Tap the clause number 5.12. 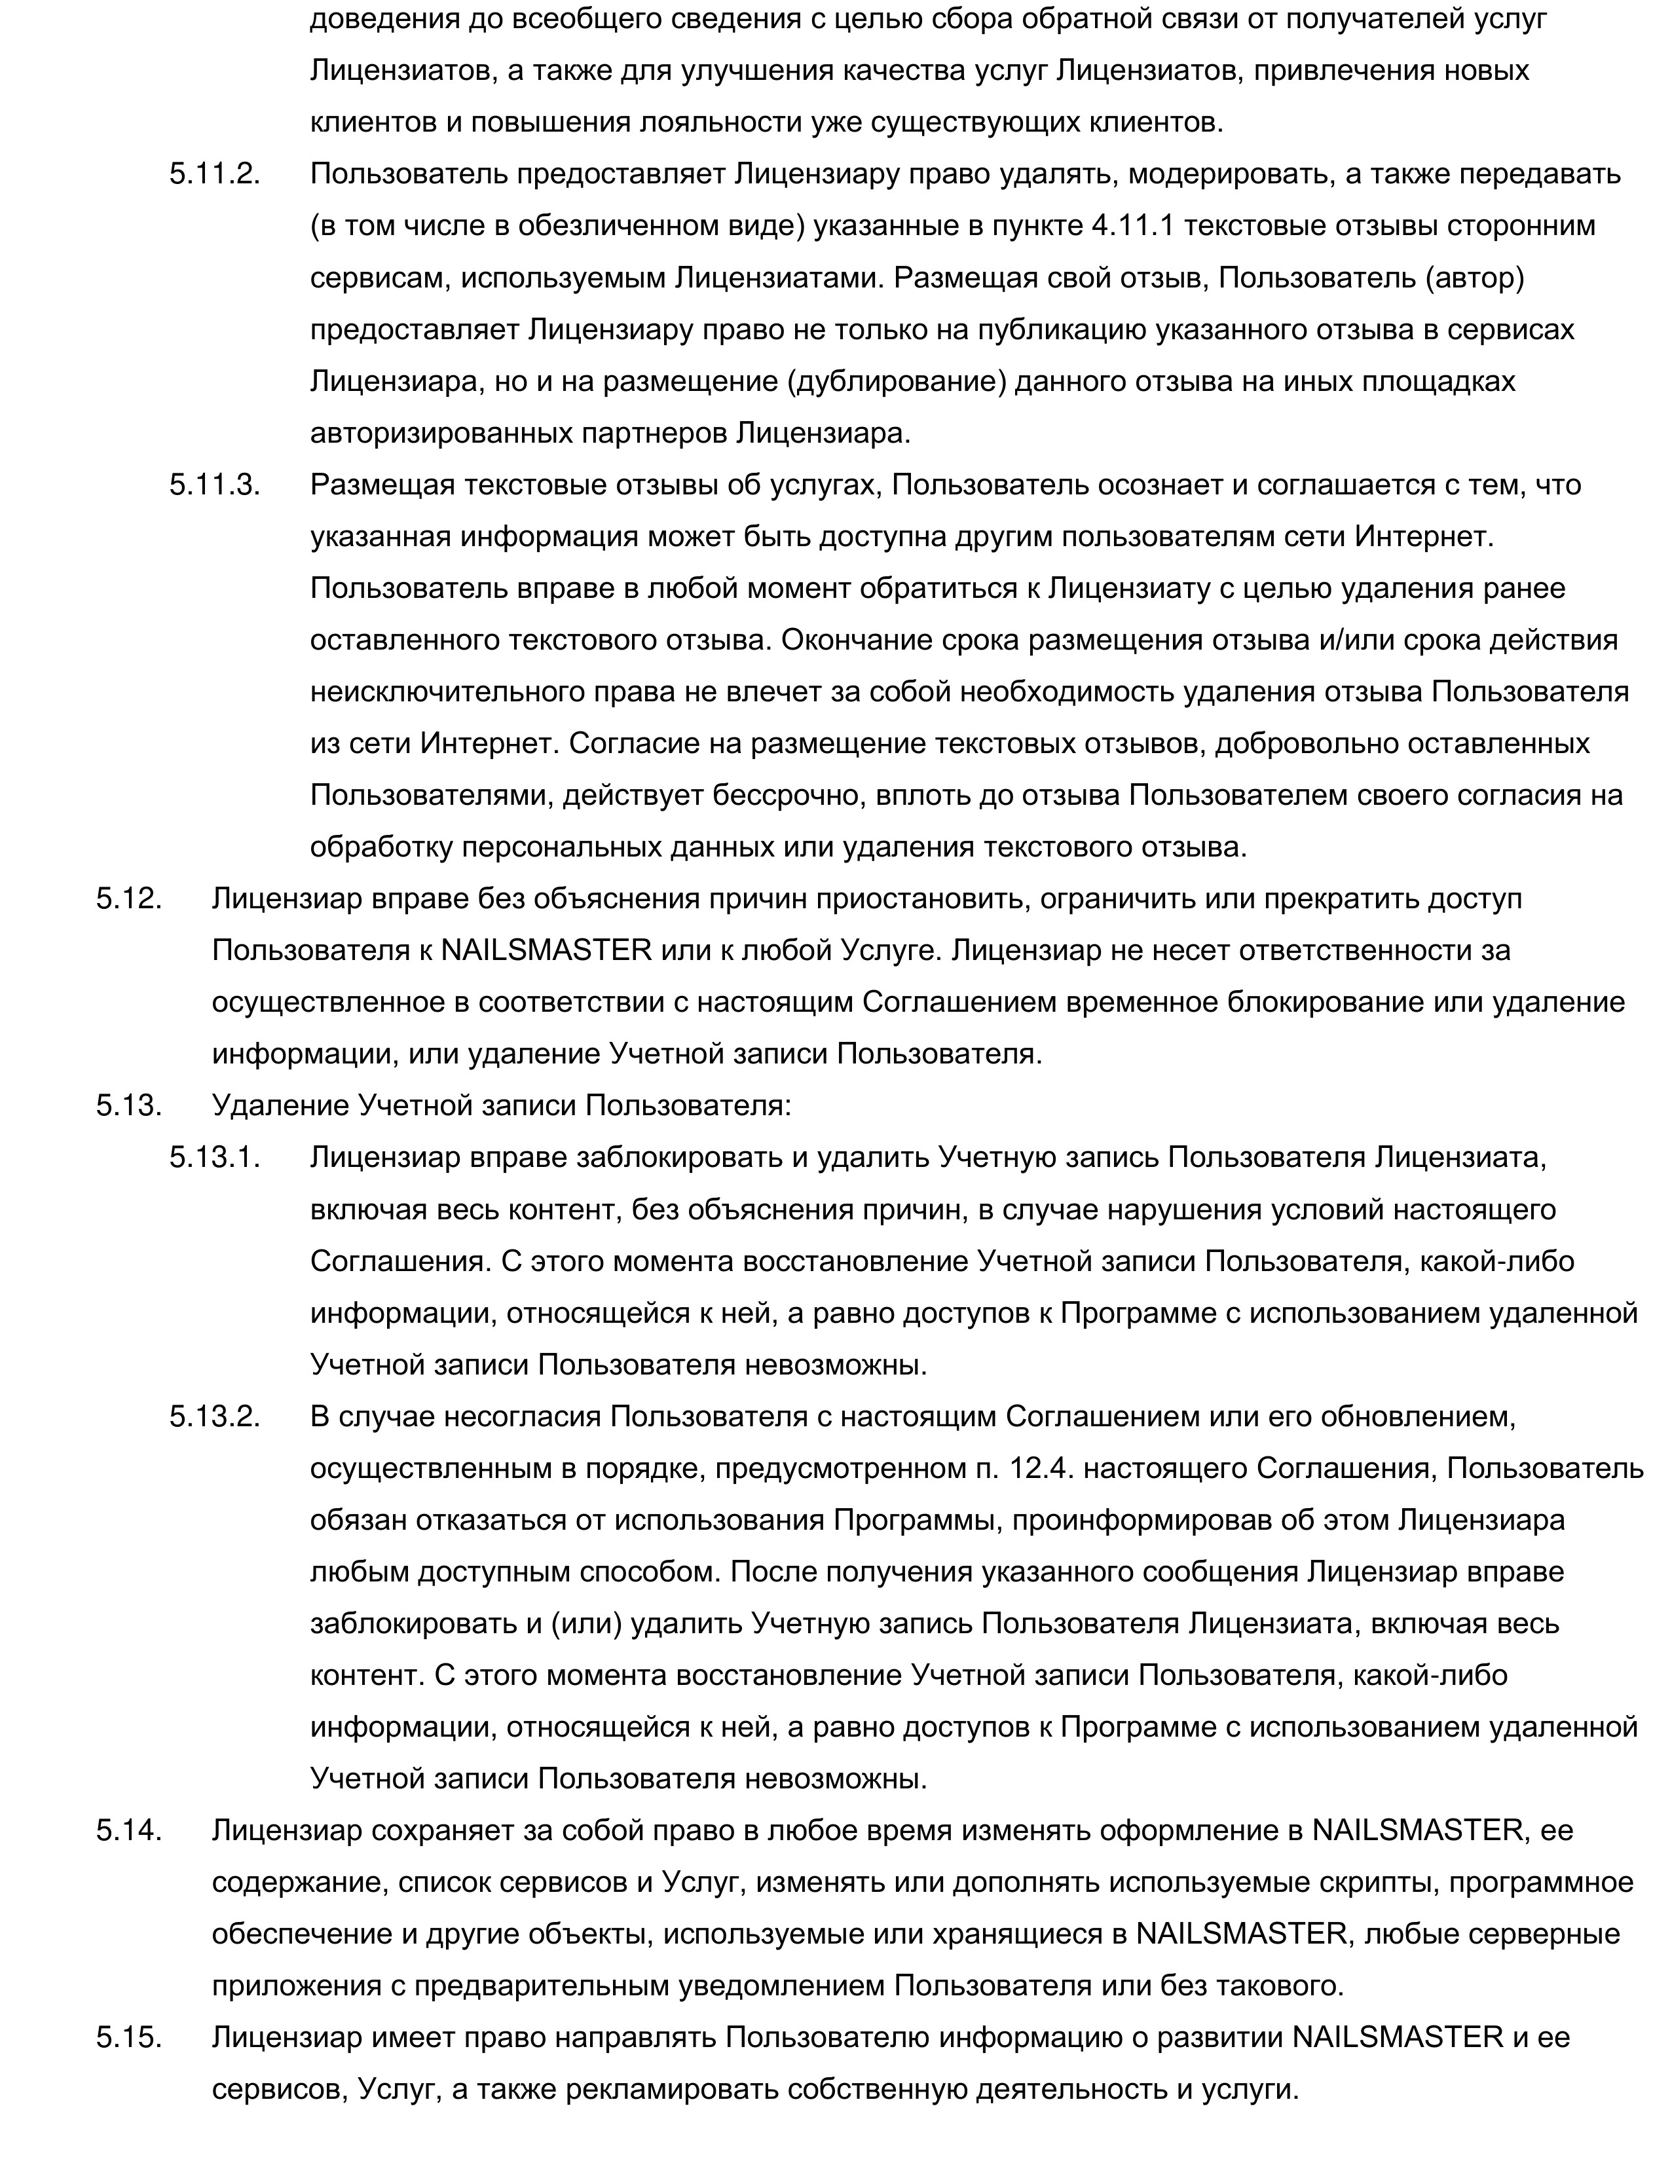(x=128, y=898)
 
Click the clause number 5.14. (x=128, y=1830)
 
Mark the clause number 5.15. (x=128, y=2039)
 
